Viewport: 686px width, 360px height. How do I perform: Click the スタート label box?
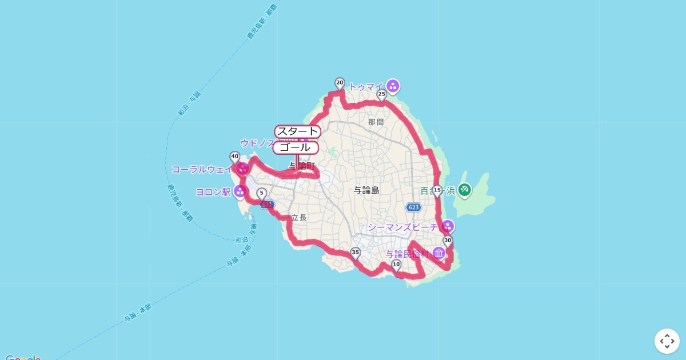[x=297, y=131]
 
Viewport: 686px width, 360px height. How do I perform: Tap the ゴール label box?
[x=296, y=147]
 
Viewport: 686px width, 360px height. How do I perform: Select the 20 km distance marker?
[x=340, y=83]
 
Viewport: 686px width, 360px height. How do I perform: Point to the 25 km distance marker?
[x=382, y=94]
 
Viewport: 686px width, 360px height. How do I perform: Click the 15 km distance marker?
[x=437, y=190]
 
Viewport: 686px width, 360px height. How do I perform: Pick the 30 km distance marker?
[x=448, y=241]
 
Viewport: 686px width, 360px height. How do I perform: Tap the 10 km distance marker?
[x=396, y=265]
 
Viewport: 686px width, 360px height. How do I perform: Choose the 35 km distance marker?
[x=356, y=253]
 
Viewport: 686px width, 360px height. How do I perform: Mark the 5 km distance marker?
[x=261, y=193]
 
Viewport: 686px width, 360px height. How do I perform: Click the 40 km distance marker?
[x=234, y=156]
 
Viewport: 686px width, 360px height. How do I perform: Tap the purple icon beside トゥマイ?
[x=393, y=86]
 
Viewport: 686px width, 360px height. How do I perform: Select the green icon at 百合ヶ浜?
[x=465, y=190]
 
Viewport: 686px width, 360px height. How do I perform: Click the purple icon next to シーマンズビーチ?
[x=448, y=226]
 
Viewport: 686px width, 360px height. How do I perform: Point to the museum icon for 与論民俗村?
[x=438, y=253]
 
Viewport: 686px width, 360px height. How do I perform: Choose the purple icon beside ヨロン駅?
[x=240, y=191]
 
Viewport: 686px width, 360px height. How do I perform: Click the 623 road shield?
[x=413, y=207]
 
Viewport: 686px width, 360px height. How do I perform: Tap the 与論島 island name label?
[x=366, y=190]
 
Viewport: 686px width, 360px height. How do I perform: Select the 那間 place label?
[x=376, y=122]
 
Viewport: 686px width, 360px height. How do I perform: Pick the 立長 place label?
[x=299, y=217]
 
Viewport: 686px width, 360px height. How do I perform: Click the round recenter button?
[x=667, y=341]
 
